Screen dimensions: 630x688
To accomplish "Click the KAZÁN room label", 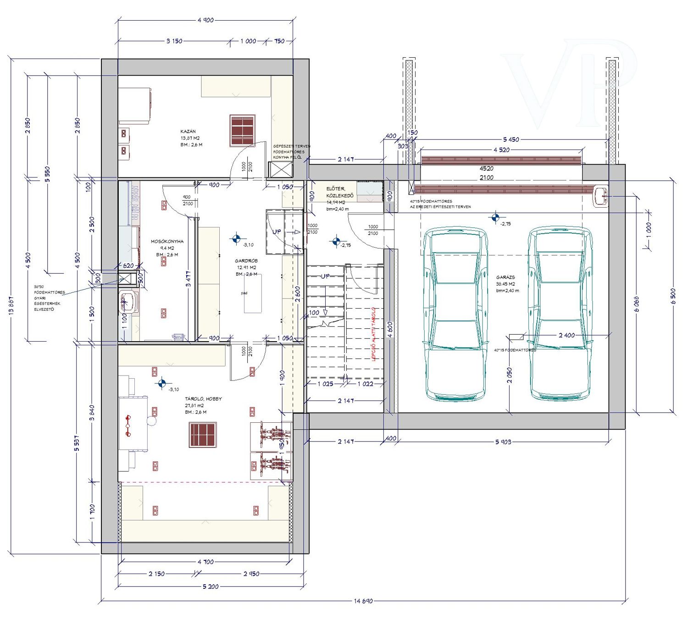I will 188,131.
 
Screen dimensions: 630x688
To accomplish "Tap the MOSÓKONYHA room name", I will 167,241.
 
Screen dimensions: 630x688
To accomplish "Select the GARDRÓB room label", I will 246,260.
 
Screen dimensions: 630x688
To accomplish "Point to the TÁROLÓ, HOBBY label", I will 203,399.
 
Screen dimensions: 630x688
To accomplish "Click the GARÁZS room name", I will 505,277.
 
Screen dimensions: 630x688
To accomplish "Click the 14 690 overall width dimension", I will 363,601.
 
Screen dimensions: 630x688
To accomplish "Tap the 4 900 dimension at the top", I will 205,20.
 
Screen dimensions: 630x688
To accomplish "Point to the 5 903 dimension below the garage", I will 503,442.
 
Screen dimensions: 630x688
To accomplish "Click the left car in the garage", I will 455,314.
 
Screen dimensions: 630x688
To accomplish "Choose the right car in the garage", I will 560,314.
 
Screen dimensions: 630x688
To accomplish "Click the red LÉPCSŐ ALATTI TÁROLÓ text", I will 373,334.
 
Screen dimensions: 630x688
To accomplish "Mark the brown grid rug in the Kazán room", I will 242,130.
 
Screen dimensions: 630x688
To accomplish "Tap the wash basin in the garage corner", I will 600,197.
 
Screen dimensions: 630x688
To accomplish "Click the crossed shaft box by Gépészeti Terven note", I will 280,170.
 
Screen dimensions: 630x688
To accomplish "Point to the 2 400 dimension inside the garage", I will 566,335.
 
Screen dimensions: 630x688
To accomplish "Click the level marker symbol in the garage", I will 495,217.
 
